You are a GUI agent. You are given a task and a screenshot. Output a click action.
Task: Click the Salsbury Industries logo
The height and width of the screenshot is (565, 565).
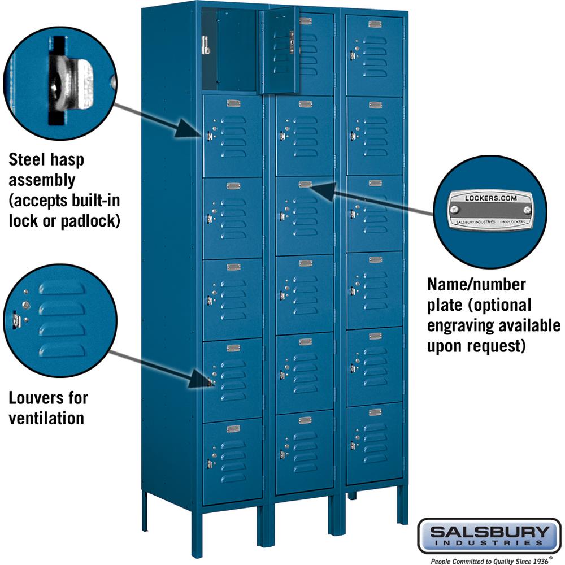point(489,536)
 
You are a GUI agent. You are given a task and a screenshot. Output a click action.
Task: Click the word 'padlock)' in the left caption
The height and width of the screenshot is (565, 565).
point(90,220)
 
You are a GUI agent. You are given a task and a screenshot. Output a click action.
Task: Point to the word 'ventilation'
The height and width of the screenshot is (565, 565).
point(46,418)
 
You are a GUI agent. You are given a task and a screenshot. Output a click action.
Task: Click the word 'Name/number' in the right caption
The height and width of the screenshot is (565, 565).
point(476,284)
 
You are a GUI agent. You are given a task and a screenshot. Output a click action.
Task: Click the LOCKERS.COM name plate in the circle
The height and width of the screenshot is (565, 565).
point(490,210)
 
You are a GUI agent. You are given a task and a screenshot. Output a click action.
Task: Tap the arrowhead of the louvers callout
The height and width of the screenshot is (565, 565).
point(201,379)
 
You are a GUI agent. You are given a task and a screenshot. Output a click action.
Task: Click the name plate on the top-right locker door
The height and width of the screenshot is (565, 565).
point(375,24)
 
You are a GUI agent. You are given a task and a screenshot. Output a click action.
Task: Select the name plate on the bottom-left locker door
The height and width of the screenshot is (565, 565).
point(233,428)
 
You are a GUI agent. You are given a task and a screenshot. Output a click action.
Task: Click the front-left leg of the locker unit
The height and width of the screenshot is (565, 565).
point(196,534)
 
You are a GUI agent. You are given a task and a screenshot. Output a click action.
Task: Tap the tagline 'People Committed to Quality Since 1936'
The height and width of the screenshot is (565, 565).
point(489,560)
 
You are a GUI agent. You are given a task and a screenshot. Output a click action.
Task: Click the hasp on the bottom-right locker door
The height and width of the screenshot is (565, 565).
point(353,446)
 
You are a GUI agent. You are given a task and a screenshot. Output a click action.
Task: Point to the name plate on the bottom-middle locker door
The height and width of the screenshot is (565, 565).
point(305,420)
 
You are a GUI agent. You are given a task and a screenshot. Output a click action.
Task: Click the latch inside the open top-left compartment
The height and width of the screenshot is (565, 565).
point(206,45)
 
